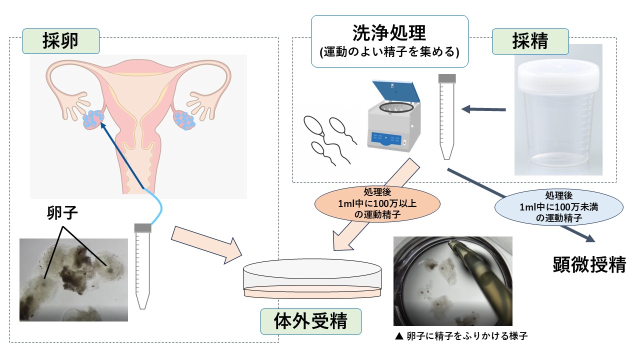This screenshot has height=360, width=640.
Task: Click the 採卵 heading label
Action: coord(60,41)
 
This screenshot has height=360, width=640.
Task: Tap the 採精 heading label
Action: coord(530,41)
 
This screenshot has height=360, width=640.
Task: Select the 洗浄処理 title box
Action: coord(389,41)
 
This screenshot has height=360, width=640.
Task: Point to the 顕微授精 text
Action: coord(589,264)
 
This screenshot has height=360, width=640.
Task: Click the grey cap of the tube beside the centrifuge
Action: coord(446,78)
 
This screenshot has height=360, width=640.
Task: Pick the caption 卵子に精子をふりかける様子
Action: coord(460,336)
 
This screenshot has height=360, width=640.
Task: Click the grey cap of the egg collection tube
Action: coord(143,228)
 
